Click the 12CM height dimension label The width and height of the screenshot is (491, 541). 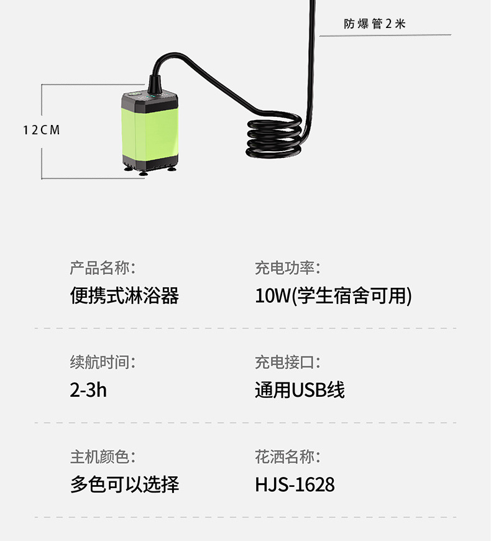click(x=42, y=130)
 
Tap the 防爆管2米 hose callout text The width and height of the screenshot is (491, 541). click(x=374, y=24)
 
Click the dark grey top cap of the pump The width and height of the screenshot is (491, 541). click(x=152, y=102)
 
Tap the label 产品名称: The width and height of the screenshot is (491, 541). click(x=102, y=268)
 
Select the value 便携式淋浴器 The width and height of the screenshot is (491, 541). click(x=124, y=295)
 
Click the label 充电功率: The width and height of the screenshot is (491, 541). click(x=287, y=268)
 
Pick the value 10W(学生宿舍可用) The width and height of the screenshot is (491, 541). click(x=333, y=295)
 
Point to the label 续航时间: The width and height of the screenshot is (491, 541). click(x=102, y=362)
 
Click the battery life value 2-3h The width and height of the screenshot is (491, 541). click(x=88, y=390)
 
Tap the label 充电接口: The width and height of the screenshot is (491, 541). click(x=287, y=362)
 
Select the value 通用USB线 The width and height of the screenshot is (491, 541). click(x=300, y=390)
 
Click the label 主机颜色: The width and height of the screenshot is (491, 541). click(x=102, y=457)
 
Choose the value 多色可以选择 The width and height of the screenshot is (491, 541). click(x=124, y=484)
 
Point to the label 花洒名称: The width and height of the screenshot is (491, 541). click(x=287, y=457)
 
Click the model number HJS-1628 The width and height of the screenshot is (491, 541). click(x=295, y=484)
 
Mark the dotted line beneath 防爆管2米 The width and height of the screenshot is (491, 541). click(x=385, y=35)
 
